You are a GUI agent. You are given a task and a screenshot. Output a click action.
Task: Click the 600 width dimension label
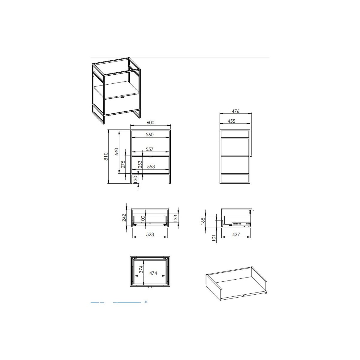click(150, 123)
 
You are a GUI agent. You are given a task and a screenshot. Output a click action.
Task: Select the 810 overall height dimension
click(106, 156)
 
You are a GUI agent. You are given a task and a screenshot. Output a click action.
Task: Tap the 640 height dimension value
click(116, 152)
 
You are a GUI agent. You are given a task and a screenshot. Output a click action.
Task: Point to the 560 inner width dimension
click(150, 134)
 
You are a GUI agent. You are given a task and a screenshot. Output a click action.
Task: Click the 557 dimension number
click(149, 149)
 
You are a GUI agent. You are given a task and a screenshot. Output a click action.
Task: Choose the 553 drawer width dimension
click(151, 166)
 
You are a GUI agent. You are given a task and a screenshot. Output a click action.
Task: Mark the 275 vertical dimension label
click(123, 164)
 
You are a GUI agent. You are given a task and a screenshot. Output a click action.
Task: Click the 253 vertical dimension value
click(140, 165)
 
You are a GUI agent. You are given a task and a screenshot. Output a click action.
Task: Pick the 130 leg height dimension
click(136, 179)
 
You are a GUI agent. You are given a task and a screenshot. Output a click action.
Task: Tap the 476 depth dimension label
click(235, 111)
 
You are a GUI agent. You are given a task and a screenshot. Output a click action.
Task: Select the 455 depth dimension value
click(231, 121)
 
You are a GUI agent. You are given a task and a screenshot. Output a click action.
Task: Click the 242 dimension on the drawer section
click(124, 217)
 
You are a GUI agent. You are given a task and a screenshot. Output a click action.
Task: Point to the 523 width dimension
click(150, 235)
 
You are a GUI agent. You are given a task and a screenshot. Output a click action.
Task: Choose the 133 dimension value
click(175, 219)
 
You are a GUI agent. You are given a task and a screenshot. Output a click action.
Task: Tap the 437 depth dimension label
click(236, 235)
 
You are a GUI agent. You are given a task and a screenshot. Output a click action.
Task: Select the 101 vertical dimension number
click(214, 238)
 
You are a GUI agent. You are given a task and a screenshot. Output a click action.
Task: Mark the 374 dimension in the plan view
click(141, 269)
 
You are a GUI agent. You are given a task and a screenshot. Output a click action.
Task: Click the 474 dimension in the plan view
click(153, 273)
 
